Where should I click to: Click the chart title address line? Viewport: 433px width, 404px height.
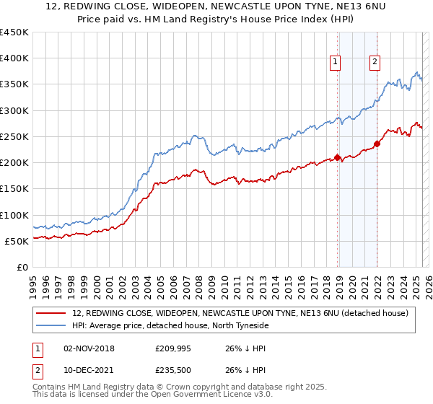pyautogui.click(x=216, y=6)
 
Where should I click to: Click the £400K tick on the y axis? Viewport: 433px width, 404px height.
pyautogui.click(x=14, y=58)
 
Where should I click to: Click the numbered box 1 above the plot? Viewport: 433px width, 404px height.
pyautogui.click(x=336, y=63)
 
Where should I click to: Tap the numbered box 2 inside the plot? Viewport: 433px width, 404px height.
pyautogui.click(x=375, y=63)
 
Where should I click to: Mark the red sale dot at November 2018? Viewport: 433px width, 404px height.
pyautogui.click(x=337, y=157)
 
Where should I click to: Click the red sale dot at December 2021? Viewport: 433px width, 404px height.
pyautogui.click(x=377, y=144)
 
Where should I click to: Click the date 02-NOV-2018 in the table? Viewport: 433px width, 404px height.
pyautogui.click(x=89, y=348)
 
